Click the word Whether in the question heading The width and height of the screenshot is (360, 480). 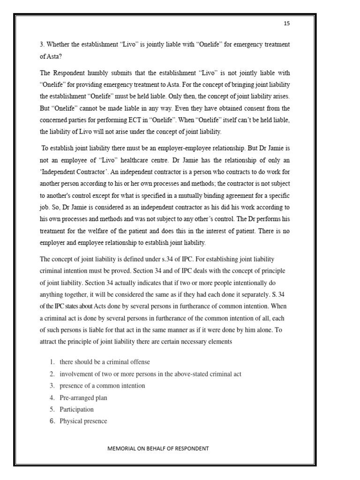[x=60, y=45]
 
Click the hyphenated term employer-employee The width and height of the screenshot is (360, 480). [x=192, y=148]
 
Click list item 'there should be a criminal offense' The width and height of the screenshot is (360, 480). [x=105, y=362]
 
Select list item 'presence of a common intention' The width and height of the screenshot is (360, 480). [x=102, y=385]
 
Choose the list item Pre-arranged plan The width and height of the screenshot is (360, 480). [x=83, y=397]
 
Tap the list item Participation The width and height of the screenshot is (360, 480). [x=76, y=409]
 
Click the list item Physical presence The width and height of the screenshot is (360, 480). [x=83, y=421]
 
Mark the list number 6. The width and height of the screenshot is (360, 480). [x=52, y=421]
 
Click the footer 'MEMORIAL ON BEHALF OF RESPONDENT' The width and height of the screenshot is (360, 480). [x=158, y=448]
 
